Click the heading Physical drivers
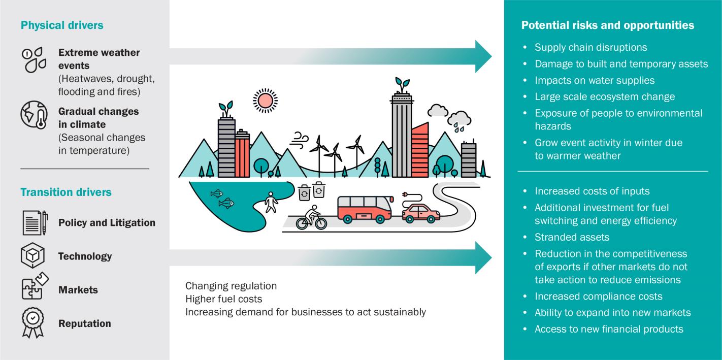point(62,25)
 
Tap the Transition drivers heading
point(66,192)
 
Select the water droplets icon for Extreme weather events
point(34,60)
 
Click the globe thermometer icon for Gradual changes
point(34,115)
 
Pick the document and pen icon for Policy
point(35,222)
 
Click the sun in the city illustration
point(265,101)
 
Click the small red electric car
point(420,213)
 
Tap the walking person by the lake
point(272,202)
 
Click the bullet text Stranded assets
point(572,237)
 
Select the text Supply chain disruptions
point(590,47)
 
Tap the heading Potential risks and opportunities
point(607,25)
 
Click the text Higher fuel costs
point(223,299)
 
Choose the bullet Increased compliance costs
point(598,296)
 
